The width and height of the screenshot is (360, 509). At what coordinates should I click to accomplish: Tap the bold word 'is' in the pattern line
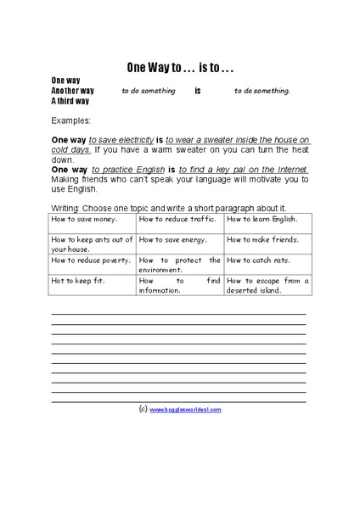[x=197, y=90]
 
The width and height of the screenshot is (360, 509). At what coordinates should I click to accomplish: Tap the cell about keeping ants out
[x=92, y=243]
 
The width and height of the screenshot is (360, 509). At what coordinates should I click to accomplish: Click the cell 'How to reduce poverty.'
[x=92, y=260]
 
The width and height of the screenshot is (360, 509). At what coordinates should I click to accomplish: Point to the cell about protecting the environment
[x=179, y=265]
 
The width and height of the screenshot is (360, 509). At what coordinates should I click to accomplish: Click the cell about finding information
[x=179, y=285]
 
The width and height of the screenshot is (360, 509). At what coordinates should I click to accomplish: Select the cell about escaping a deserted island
[x=267, y=285]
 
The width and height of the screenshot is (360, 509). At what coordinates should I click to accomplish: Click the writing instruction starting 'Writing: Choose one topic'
[x=168, y=207]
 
